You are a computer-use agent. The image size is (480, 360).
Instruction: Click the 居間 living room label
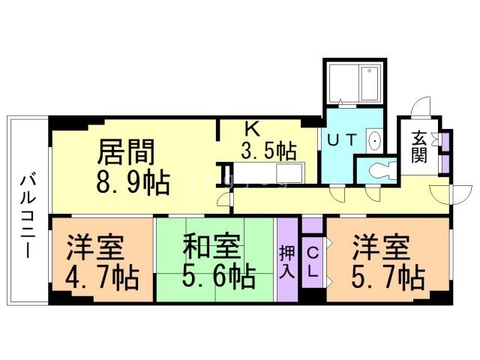tap(127, 152)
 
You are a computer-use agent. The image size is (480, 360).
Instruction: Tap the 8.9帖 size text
tap(131, 182)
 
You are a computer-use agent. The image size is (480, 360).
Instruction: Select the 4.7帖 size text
tap(103, 277)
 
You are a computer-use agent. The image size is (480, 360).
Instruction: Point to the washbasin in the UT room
tap(373, 140)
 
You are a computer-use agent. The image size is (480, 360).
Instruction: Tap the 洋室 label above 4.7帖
tap(95, 247)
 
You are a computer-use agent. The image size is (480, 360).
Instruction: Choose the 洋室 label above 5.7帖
tap(382, 247)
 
